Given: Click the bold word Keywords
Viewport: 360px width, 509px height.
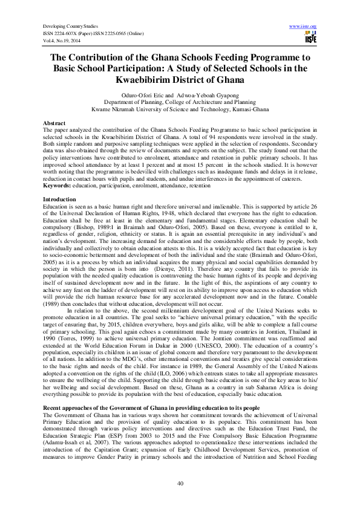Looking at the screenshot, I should coord(56,184).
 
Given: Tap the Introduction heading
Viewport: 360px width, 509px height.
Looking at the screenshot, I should coord(59,199).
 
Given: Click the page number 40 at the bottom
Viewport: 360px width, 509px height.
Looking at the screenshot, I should coord(180,482).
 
